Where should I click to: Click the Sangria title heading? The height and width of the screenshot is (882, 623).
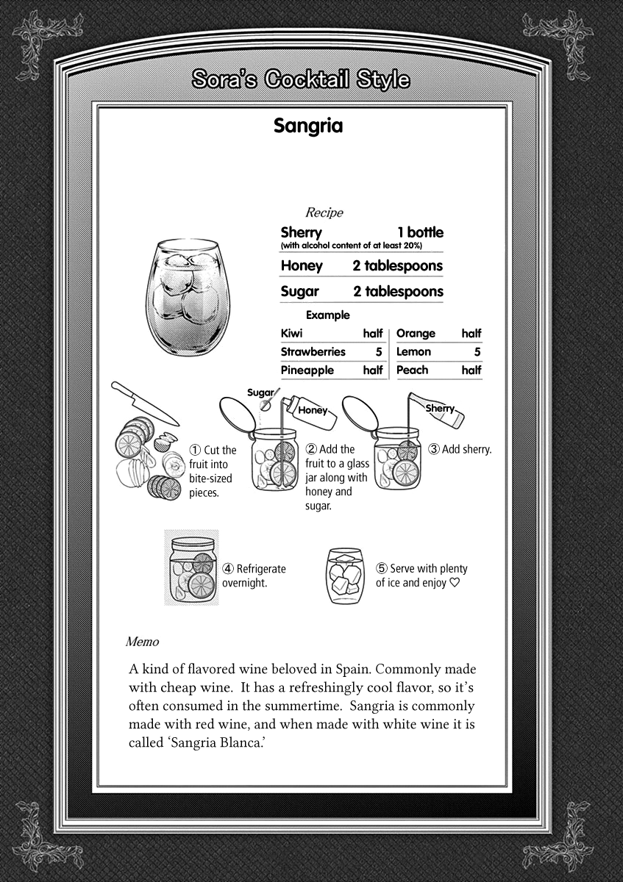coord(308,126)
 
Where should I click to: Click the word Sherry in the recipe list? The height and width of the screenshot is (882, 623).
coord(301,232)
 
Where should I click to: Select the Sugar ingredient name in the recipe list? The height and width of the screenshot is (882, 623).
coord(299,292)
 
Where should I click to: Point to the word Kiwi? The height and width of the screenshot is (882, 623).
coord(291,334)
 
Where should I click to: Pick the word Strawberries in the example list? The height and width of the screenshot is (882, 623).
coord(313,352)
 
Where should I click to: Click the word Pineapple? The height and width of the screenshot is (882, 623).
coord(307,370)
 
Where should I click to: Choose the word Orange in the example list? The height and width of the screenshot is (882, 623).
coord(416,334)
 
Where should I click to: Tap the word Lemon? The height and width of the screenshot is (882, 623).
coord(413,352)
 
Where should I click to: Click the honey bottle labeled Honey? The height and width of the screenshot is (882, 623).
coord(312,411)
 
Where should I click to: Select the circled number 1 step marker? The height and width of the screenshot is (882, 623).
coord(195,450)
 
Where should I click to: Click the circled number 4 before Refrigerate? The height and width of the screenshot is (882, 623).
coord(228,569)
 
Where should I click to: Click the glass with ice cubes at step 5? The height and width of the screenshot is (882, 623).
coord(345,576)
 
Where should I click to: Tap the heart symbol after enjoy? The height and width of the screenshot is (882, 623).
coord(455,584)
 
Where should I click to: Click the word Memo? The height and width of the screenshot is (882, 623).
coord(142,642)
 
